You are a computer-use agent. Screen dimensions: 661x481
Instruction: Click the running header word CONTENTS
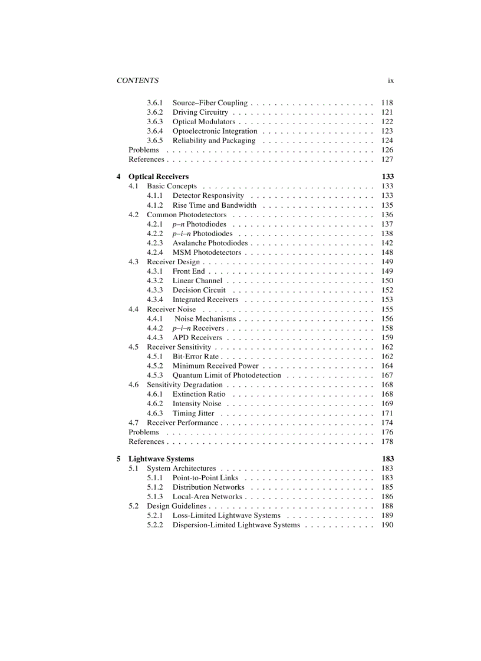coord(137,81)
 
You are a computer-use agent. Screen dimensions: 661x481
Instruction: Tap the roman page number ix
coord(390,81)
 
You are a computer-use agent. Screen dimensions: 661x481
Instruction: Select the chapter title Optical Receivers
coord(159,177)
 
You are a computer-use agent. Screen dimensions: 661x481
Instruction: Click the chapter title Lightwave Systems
coord(161,459)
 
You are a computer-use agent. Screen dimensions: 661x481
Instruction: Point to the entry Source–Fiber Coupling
coord(210,103)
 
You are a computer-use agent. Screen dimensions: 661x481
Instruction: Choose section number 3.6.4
coord(155,131)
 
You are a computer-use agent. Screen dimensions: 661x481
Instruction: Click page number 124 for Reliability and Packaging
coord(387,141)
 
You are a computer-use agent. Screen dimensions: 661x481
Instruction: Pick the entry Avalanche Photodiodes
coord(210,243)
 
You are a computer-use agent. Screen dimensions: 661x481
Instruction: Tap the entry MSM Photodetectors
coord(206,253)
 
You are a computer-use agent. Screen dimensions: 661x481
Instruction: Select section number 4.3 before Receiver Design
coord(134,262)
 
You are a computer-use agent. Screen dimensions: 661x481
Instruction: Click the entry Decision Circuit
coord(199,290)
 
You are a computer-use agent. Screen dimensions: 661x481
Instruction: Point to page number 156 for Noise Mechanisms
coord(387,318)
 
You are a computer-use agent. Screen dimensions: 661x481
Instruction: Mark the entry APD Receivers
coord(197,338)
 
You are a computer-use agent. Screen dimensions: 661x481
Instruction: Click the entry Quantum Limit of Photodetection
coord(226,376)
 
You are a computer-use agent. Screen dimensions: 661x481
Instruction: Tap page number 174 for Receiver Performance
coord(387,423)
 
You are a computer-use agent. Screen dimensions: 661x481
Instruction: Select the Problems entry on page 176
coord(144,432)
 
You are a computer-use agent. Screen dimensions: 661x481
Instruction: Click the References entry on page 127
coord(146,160)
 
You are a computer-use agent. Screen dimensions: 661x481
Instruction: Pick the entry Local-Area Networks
coord(207,497)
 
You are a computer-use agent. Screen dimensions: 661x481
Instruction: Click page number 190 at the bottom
coord(387,525)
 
